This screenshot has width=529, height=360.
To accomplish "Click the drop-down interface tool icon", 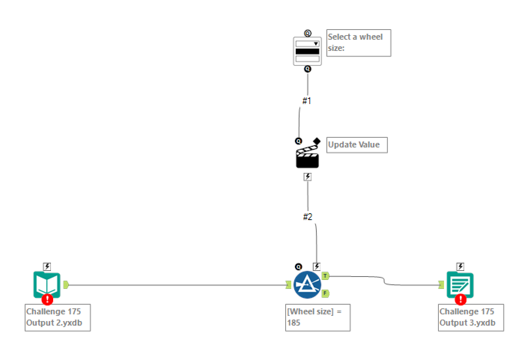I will (307, 51).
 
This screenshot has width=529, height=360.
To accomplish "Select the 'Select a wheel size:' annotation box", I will (358, 43).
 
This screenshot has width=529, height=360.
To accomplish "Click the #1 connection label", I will (307, 101).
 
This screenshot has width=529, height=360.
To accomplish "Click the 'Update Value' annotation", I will (357, 145).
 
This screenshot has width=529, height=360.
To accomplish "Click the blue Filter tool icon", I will (307, 285).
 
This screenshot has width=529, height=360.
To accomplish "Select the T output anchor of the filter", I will (325, 276).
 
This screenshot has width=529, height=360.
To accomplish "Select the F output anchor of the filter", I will (325, 293).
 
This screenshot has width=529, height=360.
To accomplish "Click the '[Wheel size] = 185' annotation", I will (317, 317).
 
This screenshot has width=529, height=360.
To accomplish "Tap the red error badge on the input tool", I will (48, 299).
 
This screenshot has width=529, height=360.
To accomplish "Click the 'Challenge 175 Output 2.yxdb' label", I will (58, 317).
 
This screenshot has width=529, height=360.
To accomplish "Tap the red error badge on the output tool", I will (460, 299).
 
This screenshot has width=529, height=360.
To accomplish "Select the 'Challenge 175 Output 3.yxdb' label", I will (471, 317).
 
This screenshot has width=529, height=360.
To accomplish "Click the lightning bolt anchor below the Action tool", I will (307, 177).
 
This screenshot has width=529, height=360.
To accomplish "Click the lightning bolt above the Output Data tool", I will (460, 267).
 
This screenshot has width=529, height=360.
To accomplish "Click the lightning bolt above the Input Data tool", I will (47, 267).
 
